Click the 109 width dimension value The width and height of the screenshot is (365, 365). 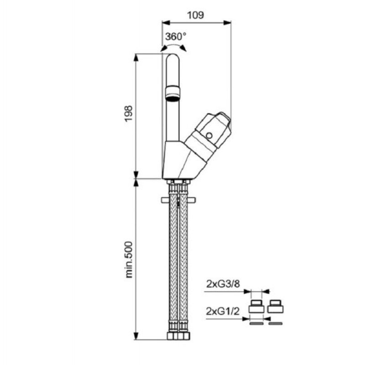click(196, 15)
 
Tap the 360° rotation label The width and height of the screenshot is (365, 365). click(176, 36)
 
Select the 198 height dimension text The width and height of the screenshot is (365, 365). click(129, 114)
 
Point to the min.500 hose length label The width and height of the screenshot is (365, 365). click(129, 260)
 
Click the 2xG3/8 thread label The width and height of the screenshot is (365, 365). click(223, 284)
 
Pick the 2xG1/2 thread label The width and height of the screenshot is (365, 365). click(223, 311)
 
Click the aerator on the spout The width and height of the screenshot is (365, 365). click(172, 94)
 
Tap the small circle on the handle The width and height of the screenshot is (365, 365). click(209, 136)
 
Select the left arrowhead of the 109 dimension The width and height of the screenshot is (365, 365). click(166, 22)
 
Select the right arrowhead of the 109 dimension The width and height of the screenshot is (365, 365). click(227, 22)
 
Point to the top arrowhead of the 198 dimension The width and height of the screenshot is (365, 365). click(136, 57)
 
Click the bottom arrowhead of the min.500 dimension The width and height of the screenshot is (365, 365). click(136, 336)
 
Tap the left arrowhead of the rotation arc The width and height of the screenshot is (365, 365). click(164, 48)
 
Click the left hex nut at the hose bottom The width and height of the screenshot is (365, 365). click(172, 336)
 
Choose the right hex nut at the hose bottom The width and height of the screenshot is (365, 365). click(184, 336)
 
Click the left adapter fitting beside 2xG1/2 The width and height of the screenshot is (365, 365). click(256, 306)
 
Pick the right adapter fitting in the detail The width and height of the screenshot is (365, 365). click(276, 306)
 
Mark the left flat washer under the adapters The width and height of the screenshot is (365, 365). click(256, 323)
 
